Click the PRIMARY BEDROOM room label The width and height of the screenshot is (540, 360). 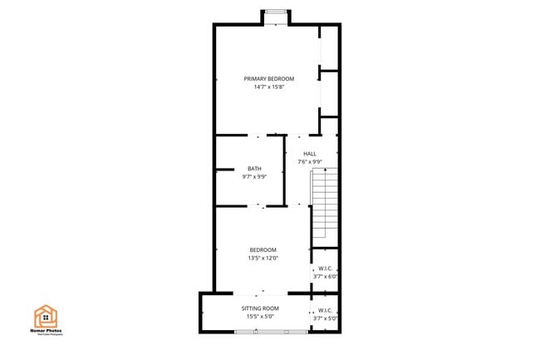click(x=268, y=78)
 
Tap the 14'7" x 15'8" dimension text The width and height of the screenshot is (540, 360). click(x=268, y=86)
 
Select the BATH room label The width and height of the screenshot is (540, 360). click(x=253, y=169)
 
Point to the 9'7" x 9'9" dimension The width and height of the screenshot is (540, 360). click(x=253, y=176)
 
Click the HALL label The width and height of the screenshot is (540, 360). click(x=309, y=154)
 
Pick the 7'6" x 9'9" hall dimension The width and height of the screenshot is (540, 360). click(x=309, y=161)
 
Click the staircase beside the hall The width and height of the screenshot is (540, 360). click(x=325, y=205)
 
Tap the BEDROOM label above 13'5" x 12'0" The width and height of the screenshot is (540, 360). click(x=263, y=249)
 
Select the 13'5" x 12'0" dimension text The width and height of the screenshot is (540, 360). click(x=263, y=258)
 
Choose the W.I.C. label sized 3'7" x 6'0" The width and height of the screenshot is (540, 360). click(x=325, y=269)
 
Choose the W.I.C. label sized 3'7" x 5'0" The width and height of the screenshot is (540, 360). click(x=325, y=310)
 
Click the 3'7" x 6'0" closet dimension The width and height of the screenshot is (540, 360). click(x=325, y=276)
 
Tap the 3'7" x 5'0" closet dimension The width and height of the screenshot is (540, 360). click(x=325, y=318)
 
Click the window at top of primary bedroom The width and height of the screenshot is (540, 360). click(x=276, y=16)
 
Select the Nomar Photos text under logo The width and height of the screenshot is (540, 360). click(x=47, y=332)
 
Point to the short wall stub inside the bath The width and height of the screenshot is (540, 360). click(x=223, y=170)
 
